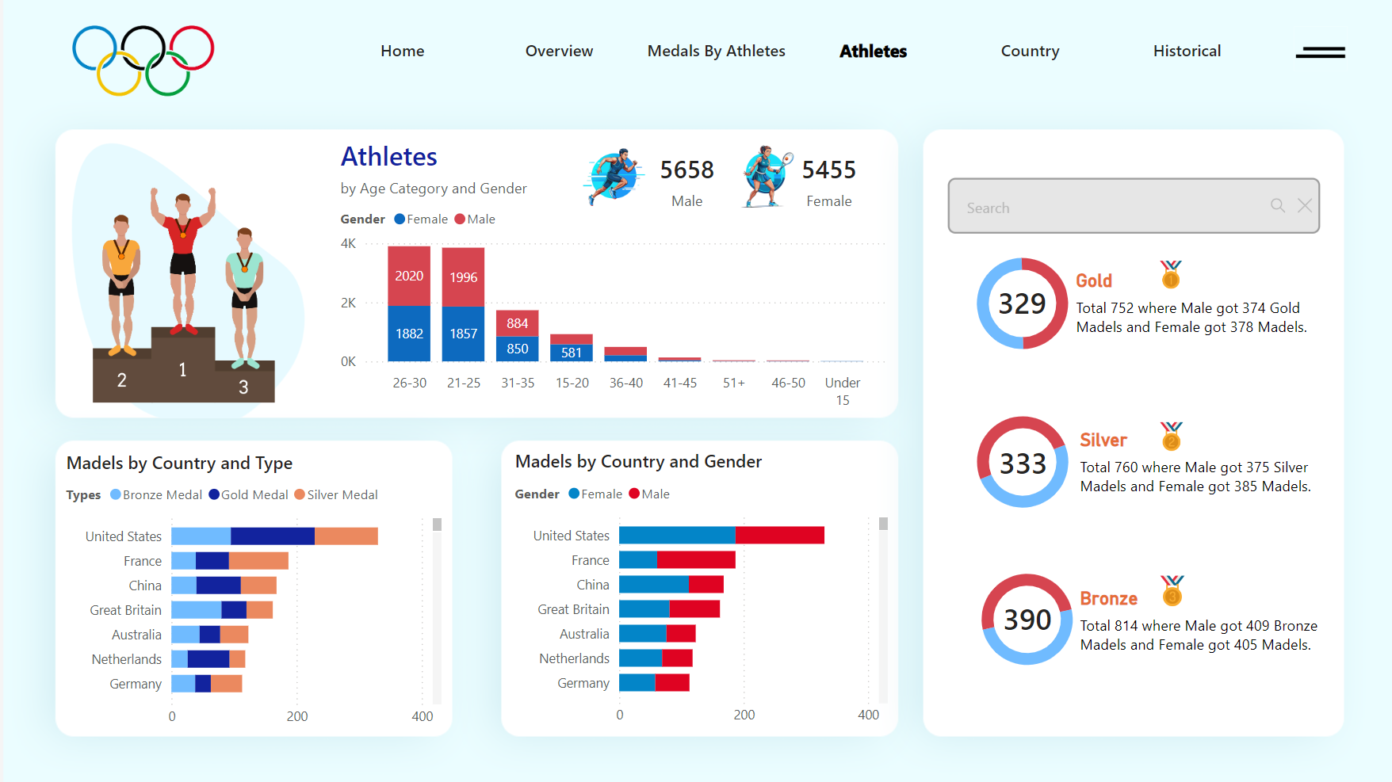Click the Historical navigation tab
pos(1187,51)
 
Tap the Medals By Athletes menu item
pos(716,51)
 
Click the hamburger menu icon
pos(1320,52)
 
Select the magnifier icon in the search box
pos(1277,206)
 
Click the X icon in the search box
pos(1304,206)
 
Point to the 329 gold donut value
pos(1022,304)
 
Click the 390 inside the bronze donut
pos(1027,620)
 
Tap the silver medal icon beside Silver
pos(1171,437)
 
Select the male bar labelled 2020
pos(409,276)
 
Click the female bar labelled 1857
pos(463,334)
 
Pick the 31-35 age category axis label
pos(518,383)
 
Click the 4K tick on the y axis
pos(348,244)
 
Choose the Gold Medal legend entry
pos(248,495)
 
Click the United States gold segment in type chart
pos(273,536)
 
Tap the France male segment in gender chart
pos(696,560)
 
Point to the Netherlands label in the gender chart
pos(574,659)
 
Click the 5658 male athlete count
pos(686,170)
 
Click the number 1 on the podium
pos(183,370)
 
